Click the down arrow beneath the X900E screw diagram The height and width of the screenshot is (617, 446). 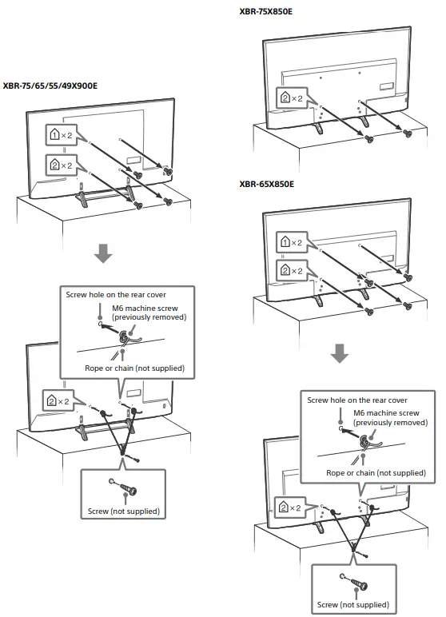click(x=103, y=254)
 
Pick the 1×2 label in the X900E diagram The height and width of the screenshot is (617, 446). click(x=61, y=137)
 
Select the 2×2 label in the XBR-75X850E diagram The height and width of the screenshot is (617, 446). click(x=291, y=98)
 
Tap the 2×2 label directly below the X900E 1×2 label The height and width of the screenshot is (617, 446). click(x=61, y=165)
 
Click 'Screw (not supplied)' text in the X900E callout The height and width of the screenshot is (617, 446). click(x=123, y=511)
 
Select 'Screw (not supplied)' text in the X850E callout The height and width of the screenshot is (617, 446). click(x=352, y=604)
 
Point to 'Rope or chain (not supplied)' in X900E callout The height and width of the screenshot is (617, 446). click(x=134, y=368)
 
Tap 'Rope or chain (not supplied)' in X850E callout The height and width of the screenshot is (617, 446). click(x=377, y=472)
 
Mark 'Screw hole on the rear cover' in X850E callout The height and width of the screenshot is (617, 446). click(x=357, y=400)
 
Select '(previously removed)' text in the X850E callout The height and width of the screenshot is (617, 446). click(x=391, y=422)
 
